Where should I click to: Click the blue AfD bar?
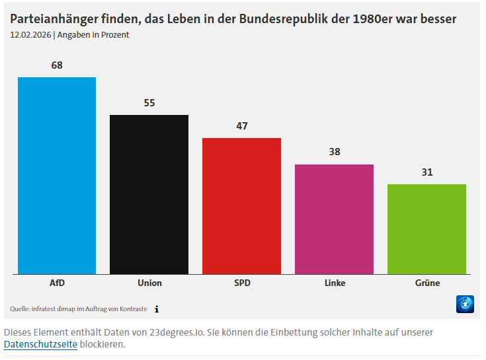tap(57, 175)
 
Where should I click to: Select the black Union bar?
tap(149, 194)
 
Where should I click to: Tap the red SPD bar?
tap(241, 205)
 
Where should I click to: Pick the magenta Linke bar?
tap(334, 219)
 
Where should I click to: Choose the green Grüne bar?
tap(426, 229)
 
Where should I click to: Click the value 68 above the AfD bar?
tap(57, 65)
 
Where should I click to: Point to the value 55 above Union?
tap(149, 103)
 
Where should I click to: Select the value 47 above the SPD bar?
tap(241, 126)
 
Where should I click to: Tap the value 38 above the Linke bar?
tap(334, 152)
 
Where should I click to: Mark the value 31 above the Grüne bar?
tap(426, 172)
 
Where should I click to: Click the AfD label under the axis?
tap(57, 283)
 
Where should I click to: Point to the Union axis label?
tap(149, 283)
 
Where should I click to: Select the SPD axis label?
tap(241, 283)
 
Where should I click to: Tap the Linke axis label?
tap(334, 283)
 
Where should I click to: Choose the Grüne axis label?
tap(426, 283)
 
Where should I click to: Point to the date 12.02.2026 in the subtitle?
tap(30, 35)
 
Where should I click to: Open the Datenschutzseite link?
tap(40, 344)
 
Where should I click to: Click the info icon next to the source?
tap(157, 308)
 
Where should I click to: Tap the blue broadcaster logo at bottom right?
tap(466, 304)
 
